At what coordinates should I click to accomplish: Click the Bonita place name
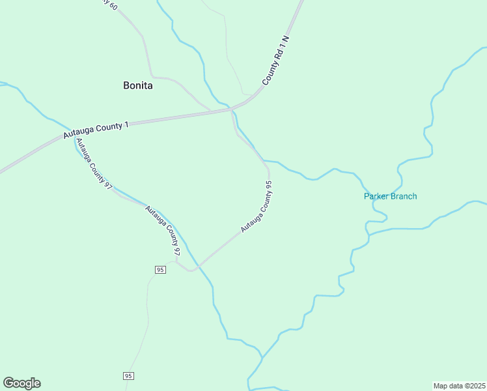pos(137,85)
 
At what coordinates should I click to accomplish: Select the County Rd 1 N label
pos(276,59)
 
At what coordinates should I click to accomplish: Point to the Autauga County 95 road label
pos(256,207)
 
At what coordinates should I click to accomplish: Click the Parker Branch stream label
pos(390,196)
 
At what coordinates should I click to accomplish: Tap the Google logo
pos(21,383)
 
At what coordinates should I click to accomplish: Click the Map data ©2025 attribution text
pos(459,385)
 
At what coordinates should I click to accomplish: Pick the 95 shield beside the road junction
pos(160,269)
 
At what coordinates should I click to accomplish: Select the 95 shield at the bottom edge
pos(128,376)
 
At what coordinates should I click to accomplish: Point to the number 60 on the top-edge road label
pos(115,6)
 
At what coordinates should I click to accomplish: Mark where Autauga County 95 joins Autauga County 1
pos(232,111)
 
